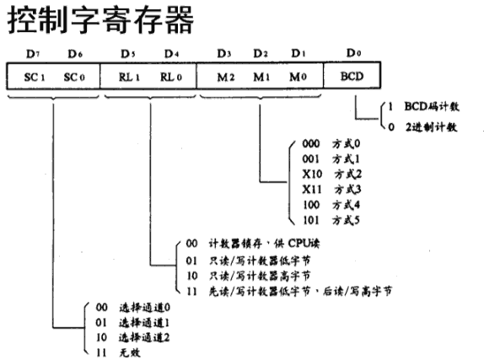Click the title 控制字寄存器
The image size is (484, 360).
101,21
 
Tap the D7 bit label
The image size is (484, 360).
32,54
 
